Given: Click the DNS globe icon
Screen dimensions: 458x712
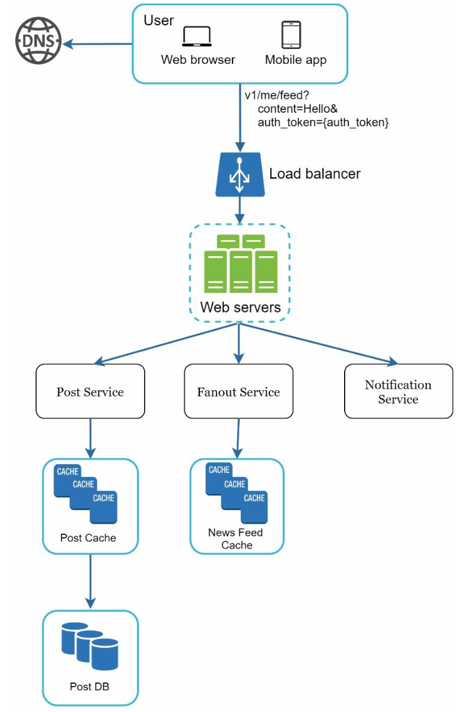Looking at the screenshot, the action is [38, 41].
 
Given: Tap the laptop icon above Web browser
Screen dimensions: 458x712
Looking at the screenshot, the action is [197, 37].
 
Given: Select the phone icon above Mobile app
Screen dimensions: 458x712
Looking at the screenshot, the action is [291, 35].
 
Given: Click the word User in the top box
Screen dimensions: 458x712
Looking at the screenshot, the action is [159, 20].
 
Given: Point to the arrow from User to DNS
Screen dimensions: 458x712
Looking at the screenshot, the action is [97, 44].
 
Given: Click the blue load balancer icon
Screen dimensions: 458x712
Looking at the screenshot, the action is [240, 175].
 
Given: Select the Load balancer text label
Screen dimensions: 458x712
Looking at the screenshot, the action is [315, 174].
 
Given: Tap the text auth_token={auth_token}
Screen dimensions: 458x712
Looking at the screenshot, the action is [323, 122].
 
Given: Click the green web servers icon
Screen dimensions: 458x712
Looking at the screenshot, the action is [241, 263].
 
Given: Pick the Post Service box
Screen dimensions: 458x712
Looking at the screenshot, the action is [90, 391].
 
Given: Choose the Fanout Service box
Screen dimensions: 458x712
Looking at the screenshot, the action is [238, 391].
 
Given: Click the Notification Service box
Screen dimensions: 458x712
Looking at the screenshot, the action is [398, 391].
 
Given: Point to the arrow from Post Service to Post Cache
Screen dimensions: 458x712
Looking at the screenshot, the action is [90, 438].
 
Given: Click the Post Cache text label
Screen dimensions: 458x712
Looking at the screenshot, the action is [88, 538].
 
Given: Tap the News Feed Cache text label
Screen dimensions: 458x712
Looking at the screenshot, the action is [235, 539].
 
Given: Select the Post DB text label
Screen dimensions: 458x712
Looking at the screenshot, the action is [89, 687].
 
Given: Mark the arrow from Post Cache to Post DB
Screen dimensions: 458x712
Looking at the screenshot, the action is [90, 582].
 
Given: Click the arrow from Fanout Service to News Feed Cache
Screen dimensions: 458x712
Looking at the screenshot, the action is [238, 438].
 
